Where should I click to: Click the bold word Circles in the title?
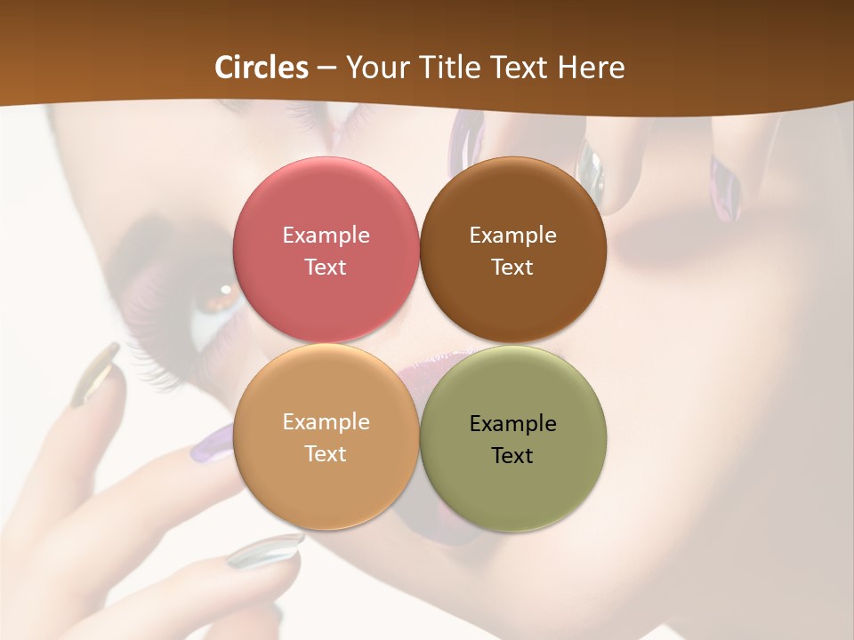262,68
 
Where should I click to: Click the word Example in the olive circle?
512,423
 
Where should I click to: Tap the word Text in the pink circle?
326,267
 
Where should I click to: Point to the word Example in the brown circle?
512,235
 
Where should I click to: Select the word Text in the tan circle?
326,453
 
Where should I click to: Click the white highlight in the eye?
226,289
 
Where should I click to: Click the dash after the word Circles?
326,68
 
